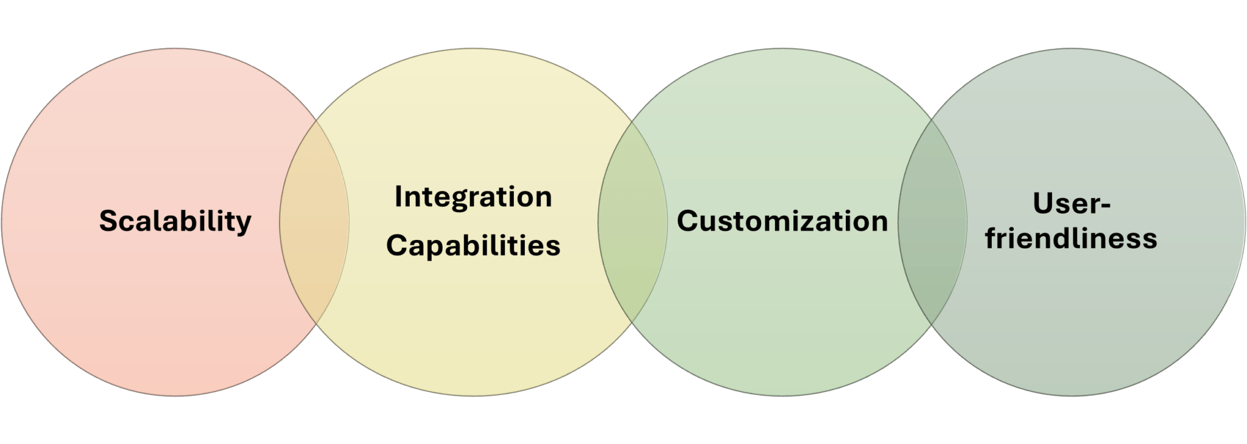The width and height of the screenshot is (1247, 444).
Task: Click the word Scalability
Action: (x=175, y=220)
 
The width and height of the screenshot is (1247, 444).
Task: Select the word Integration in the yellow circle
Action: (x=473, y=197)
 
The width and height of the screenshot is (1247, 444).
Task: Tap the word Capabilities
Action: (x=473, y=245)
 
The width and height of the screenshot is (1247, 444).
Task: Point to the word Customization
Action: (x=782, y=220)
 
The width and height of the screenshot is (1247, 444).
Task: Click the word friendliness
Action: (x=1071, y=238)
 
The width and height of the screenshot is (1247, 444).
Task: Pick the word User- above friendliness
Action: (x=1072, y=203)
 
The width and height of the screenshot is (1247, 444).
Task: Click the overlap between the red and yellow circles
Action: (x=314, y=222)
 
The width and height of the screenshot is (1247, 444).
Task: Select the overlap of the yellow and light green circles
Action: (x=632, y=222)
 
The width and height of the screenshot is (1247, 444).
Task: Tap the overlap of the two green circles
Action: (x=932, y=222)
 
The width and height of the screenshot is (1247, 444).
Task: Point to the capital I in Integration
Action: (x=398, y=197)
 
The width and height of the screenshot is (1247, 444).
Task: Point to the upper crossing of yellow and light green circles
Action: (x=631, y=120)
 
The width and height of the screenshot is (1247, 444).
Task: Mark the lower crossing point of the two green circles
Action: (x=932, y=323)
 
